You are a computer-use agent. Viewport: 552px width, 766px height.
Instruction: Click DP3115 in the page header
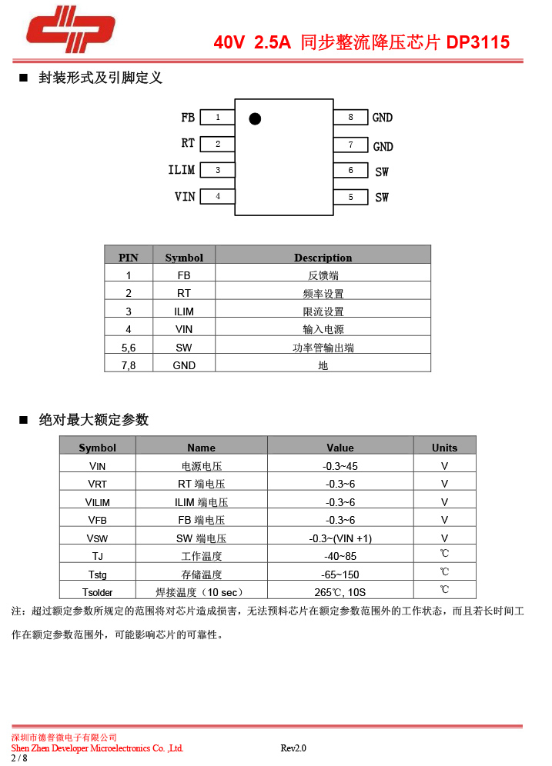(x=478, y=43)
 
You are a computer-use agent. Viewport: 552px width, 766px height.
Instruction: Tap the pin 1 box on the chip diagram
(x=218, y=117)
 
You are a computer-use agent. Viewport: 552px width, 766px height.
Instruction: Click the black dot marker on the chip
(x=255, y=118)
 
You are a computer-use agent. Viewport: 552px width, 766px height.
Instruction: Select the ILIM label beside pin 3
(x=182, y=170)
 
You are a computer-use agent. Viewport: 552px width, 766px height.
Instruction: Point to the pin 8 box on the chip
(x=350, y=117)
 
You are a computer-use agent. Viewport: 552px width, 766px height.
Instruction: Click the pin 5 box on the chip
(x=350, y=197)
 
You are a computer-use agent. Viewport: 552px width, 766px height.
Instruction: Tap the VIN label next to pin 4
(x=185, y=197)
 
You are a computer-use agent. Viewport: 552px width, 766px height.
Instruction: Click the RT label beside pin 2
(x=188, y=144)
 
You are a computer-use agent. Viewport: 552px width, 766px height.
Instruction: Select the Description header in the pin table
(x=323, y=258)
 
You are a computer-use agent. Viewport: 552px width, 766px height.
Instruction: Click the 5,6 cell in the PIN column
(x=129, y=348)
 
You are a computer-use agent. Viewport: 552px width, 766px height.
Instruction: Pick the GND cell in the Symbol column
(x=184, y=365)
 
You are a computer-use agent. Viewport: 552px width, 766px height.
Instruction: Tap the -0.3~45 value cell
(x=340, y=466)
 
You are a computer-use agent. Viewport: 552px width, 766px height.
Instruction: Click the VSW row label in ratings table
(x=98, y=538)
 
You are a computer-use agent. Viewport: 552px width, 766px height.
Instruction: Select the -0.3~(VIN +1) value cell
(x=340, y=538)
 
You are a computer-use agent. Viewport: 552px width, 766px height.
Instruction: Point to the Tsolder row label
(x=98, y=592)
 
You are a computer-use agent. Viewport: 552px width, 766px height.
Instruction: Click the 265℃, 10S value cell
(x=340, y=592)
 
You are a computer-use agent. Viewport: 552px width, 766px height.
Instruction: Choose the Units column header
(x=444, y=448)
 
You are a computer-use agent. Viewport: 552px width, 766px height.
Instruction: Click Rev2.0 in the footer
(x=293, y=748)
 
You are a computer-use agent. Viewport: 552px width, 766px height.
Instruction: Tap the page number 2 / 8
(x=18, y=758)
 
